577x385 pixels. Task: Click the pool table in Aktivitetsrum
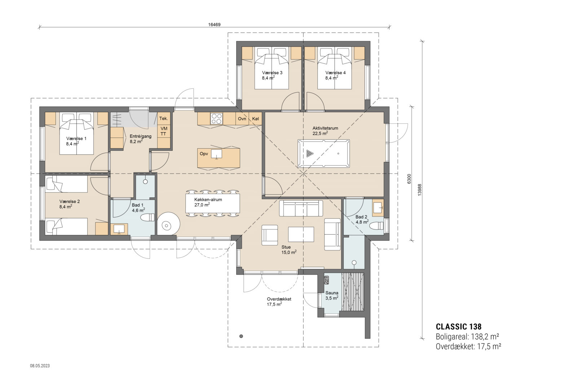pos(324,153)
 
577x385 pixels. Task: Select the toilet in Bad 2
pos(376,226)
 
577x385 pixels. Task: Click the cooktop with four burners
pos(217,119)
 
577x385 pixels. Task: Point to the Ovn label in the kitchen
pos(242,119)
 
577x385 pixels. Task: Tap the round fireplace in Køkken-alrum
pos(168,226)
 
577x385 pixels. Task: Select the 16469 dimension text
pos(214,25)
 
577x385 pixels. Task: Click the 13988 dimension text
pos(419,189)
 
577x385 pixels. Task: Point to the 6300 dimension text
pos(409,179)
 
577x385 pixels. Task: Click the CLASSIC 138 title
pos(458,327)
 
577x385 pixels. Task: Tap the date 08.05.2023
pos(40,366)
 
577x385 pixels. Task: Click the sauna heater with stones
pos(327,280)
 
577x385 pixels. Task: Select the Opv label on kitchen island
pos(204,154)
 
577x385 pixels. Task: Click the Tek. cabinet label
pos(164,119)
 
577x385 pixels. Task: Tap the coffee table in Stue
pos(301,234)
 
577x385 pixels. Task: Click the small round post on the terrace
pos(241,336)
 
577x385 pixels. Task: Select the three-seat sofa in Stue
pos(301,208)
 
